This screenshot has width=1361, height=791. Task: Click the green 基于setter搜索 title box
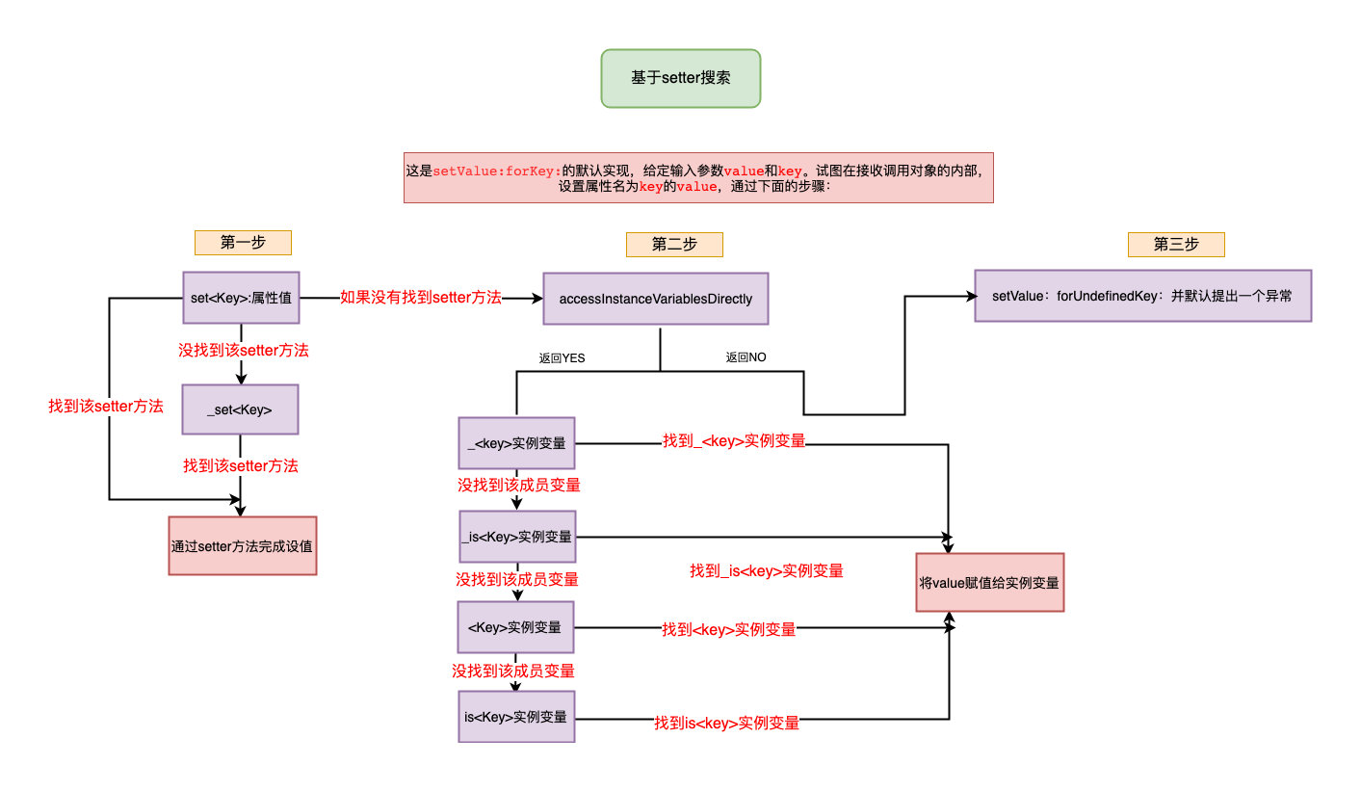(x=680, y=78)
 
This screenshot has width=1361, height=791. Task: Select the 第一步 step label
(x=243, y=243)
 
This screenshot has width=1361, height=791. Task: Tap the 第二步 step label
(x=674, y=244)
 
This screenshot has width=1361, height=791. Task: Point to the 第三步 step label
(x=1176, y=244)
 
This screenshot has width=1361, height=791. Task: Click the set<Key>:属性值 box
(x=241, y=299)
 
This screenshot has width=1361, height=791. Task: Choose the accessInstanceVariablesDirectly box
(x=656, y=300)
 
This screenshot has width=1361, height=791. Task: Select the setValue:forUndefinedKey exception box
(x=1142, y=296)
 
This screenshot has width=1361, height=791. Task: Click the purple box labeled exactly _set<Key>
(x=240, y=409)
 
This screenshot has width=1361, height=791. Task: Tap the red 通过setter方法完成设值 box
(x=242, y=545)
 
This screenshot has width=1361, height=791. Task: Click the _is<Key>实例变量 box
(x=517, y=537)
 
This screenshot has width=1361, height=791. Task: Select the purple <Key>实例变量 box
(x=515, y=627)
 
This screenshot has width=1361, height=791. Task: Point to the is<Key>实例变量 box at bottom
(x=516, y=717)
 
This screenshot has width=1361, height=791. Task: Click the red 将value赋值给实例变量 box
(x=989, y=582)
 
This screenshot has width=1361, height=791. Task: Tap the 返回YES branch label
(x=563, y=357)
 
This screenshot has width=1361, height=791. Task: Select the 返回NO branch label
(x=746, y=357)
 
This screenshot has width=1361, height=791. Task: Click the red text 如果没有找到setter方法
(x=421, y=298)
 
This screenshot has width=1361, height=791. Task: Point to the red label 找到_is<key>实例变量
(x=767, y=570)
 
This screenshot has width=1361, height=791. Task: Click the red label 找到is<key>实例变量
(x=727, y=723)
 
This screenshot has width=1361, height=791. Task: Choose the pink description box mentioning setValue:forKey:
(x=698, y=177)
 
